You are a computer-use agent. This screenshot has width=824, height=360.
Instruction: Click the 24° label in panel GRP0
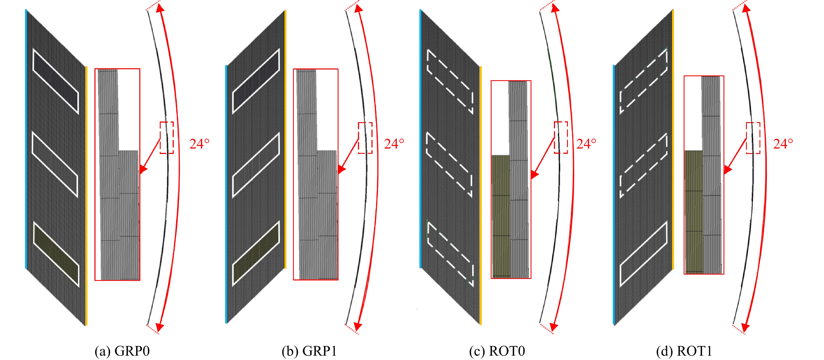199,144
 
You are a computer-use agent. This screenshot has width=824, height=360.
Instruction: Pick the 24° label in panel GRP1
394,144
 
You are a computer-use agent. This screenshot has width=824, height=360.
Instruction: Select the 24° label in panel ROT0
586,144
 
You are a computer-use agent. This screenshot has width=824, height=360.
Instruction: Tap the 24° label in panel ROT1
783,144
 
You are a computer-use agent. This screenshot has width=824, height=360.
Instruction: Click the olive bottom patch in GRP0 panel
56,254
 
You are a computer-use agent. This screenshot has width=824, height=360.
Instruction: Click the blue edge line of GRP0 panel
26,139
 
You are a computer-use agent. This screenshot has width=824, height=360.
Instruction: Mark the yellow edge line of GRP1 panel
285,139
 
